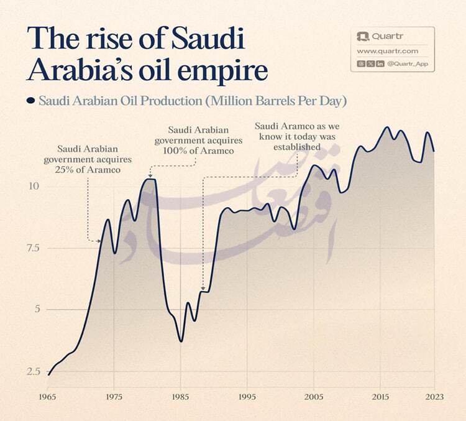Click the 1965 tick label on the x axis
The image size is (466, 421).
47,397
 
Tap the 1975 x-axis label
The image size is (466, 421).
114,397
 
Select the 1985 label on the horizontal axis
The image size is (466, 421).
180,397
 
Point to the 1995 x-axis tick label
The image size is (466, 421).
247,397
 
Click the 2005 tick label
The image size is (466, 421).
313,397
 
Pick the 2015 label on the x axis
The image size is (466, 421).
380,397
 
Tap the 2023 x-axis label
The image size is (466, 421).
434,397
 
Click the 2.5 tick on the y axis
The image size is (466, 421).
32,372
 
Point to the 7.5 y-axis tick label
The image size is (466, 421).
32,248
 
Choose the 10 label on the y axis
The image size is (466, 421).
34,187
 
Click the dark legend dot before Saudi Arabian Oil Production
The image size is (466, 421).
30,100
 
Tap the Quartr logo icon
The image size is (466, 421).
362,37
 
